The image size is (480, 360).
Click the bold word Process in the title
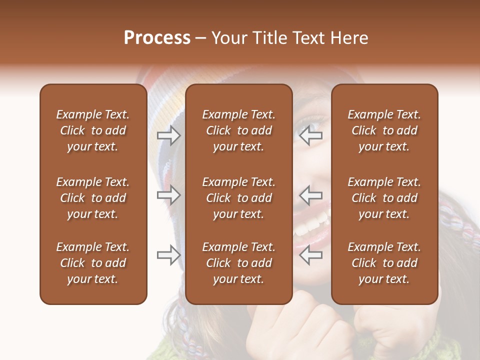click(157, 38)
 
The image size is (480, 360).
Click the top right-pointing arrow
click(168, 135)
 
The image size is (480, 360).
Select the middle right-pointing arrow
click(168, 195)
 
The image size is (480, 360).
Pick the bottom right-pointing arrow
click(168, 255)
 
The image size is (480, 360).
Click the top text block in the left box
click(93, 130)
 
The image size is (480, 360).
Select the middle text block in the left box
click(93, 198)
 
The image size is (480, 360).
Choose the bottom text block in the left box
click(93, 263)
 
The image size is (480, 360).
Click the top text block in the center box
click(238, 130)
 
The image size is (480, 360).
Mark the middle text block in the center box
click(238, 198)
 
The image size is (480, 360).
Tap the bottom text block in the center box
click(238, 263)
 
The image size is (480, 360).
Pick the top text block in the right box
click(384, 130)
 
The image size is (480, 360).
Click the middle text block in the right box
click(384, 198)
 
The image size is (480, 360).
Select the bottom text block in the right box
click(384, 263)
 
